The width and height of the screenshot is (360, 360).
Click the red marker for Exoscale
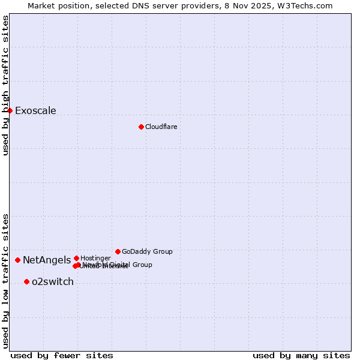coord(10,110)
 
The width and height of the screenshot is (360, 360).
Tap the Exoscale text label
coord(35,110)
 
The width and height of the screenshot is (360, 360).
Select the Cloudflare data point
coord(141,127)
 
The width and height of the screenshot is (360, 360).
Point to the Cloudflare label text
coord(161,127)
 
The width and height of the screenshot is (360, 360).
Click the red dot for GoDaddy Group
coord(118,251)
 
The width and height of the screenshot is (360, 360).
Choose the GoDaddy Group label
coord(147,251)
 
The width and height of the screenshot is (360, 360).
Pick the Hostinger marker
coord(76,258)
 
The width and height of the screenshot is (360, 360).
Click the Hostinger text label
coord(95,258)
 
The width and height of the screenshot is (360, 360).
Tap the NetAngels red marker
coord(17,260)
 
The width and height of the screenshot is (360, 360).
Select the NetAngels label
coord(47,260)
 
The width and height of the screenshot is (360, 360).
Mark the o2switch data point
coord(26,281)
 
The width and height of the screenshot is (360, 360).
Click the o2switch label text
coord(53,281)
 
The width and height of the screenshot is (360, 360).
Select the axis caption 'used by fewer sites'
coord(62,355)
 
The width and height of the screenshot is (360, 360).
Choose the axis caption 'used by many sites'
coord(301,355)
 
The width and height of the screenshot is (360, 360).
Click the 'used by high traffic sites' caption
coord(5,85)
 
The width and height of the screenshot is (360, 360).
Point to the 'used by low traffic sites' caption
coord(5,280)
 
